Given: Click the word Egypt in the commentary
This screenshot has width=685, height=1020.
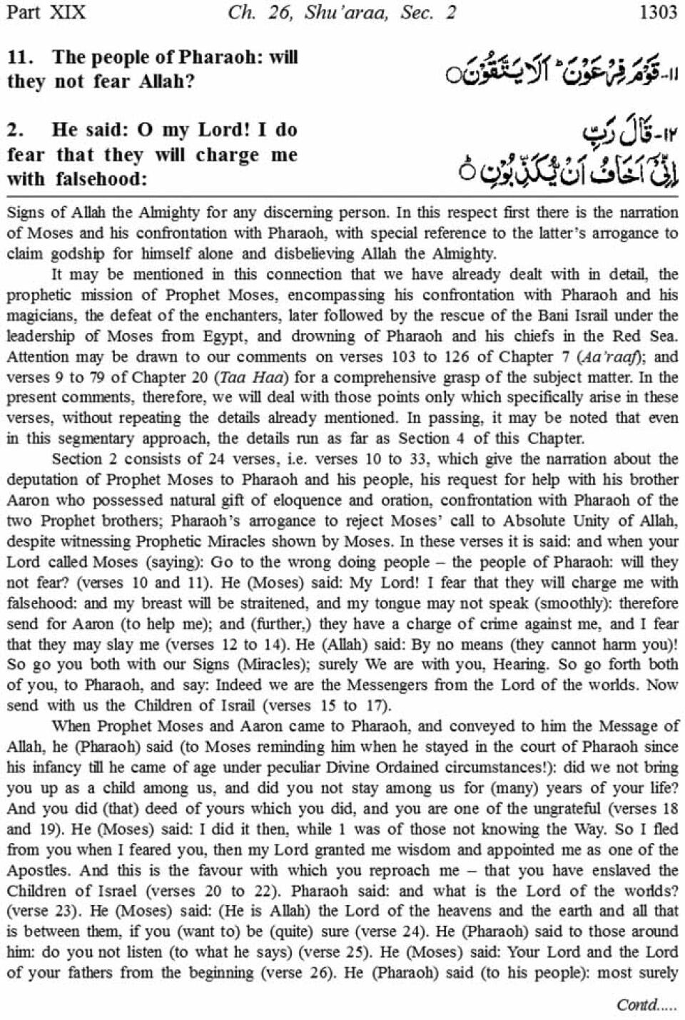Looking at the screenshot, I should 225,336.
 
